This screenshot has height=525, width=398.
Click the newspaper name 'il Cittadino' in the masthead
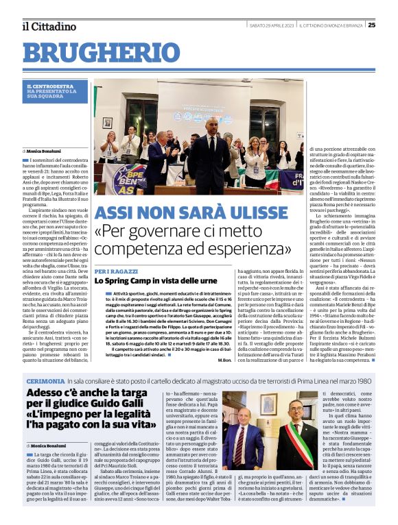(48, 26)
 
